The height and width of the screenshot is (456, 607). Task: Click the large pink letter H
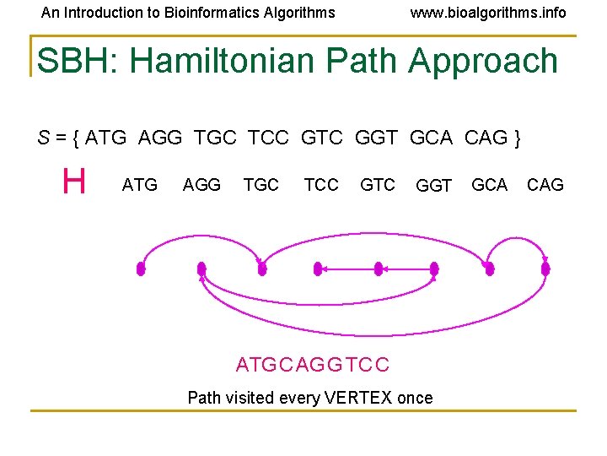pyautogui.click(x=74, y=182)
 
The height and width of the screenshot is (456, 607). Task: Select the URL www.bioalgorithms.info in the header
pyautogui.click(x=487, y=13)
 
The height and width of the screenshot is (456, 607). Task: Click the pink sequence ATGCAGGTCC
pyautogui.click(x=313, y=365)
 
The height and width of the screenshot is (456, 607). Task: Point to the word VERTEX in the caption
pyautogui.click(x=351, y=398)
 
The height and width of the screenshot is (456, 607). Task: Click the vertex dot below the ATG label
pyautogui.click(x=141, y=269)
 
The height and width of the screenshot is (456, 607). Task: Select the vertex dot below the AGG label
pyautogui.click(x=201, y=269)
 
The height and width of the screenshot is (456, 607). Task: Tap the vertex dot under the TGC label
pyautogui.click(x=262, y=269)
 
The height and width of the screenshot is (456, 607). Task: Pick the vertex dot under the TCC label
pyautogui.click(x=318, y=269)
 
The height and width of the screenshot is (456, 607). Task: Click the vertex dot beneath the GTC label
pyautogui.click(x=379, y=269)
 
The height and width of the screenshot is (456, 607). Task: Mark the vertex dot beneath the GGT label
pyautogui.click(x=434, y=269)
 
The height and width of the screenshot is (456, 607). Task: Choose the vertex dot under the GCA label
pyautogui.click(x=488, y=269)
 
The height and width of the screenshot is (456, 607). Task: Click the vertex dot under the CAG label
pyautogui.click(x=545, y=269)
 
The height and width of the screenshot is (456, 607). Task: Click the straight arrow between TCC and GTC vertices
pyautogui.click(x=348, y=269)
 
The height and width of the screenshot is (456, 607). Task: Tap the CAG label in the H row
pyautogui.click(x=545, y=185)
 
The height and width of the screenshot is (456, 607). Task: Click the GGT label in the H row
pyautogui.click(x=434, y=186)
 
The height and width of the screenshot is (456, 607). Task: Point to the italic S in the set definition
pyautogui.click(x=43, y=138)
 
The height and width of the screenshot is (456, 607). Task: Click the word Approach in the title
pyautogui.click(x=483, y=61)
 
